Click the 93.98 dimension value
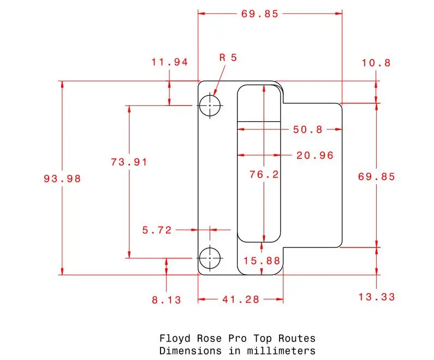pos(62,179)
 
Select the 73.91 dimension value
pos(129,162)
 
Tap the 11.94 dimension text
pos(170,62)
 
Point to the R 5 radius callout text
pos(228,57)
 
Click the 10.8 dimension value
pos(377,63)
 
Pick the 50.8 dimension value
pos(308,129)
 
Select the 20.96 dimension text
pos(315,155)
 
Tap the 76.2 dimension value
pos(264,174)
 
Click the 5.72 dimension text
pos(157,230)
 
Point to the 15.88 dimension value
pos(262,261)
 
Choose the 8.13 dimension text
pos(167,300)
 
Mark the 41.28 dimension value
pos(241,299)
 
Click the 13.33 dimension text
pos(377,297)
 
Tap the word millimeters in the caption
pos(281,351)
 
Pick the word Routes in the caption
pos(297,338)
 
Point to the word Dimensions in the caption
pos(191,351)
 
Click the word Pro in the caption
pos(237,338)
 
